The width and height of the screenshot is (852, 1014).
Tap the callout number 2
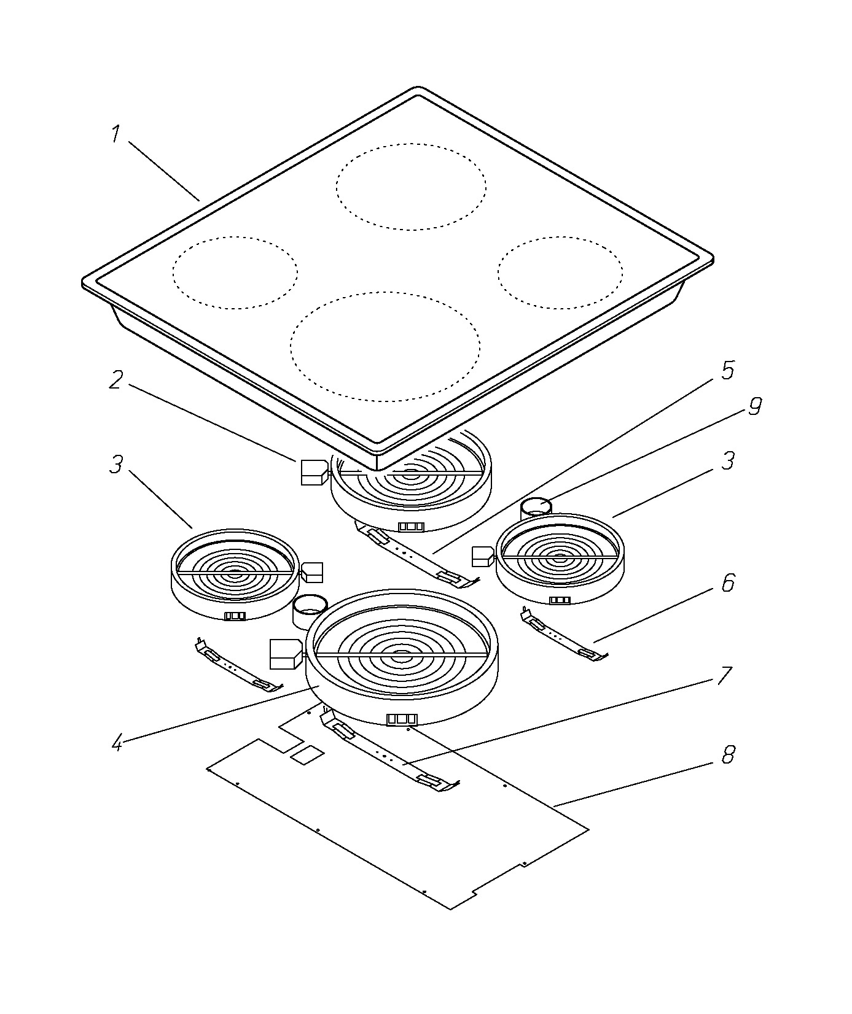tap(115, 380)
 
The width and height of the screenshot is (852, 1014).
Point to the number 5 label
tap(727, 370)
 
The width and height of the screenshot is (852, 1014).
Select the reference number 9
tap(755, 406)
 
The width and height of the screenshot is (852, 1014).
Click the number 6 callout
tap(728, 583)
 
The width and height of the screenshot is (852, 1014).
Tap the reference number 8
tap(728, 755)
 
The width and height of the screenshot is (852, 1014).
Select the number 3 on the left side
tap(116, 464)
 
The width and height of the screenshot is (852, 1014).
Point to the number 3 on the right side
tap(728, 460)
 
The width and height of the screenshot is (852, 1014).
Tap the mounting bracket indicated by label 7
tap(390, 751)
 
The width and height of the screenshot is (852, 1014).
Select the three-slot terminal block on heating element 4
tap(402, 719)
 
